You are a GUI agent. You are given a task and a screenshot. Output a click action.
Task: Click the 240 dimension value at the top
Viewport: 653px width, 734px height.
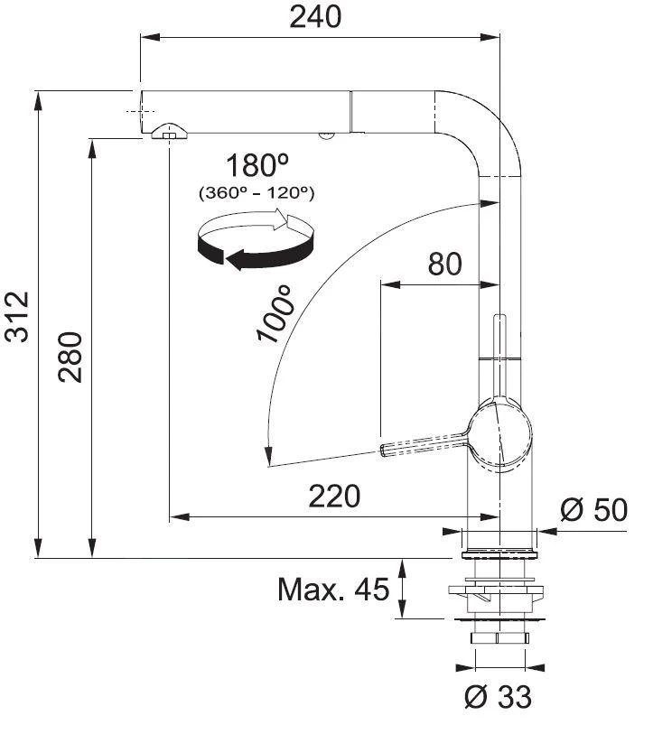(315, 16)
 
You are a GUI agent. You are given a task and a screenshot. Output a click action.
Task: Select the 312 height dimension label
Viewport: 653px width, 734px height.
(18, 317)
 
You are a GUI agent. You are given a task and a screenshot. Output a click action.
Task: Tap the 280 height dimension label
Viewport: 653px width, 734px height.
(71, 356)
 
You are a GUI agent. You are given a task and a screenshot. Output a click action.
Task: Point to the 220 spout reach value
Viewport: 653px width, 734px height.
(334, 496)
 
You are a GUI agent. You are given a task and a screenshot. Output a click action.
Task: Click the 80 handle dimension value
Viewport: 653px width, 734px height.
(443, 264)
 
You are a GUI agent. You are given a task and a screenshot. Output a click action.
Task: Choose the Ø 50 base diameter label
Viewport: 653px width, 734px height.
(592, 510)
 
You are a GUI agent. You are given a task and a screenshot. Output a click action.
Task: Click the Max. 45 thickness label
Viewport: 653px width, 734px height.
(332, 590)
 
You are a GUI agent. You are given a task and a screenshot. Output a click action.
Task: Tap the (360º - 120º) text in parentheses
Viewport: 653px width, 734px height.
(256, 192)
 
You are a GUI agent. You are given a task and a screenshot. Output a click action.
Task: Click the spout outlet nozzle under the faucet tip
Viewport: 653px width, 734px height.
(169, 133)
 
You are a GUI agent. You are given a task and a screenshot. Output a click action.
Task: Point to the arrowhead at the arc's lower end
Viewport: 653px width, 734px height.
(266, 457)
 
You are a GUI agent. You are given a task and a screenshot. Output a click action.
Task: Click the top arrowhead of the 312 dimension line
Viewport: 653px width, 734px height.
(38, 98)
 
